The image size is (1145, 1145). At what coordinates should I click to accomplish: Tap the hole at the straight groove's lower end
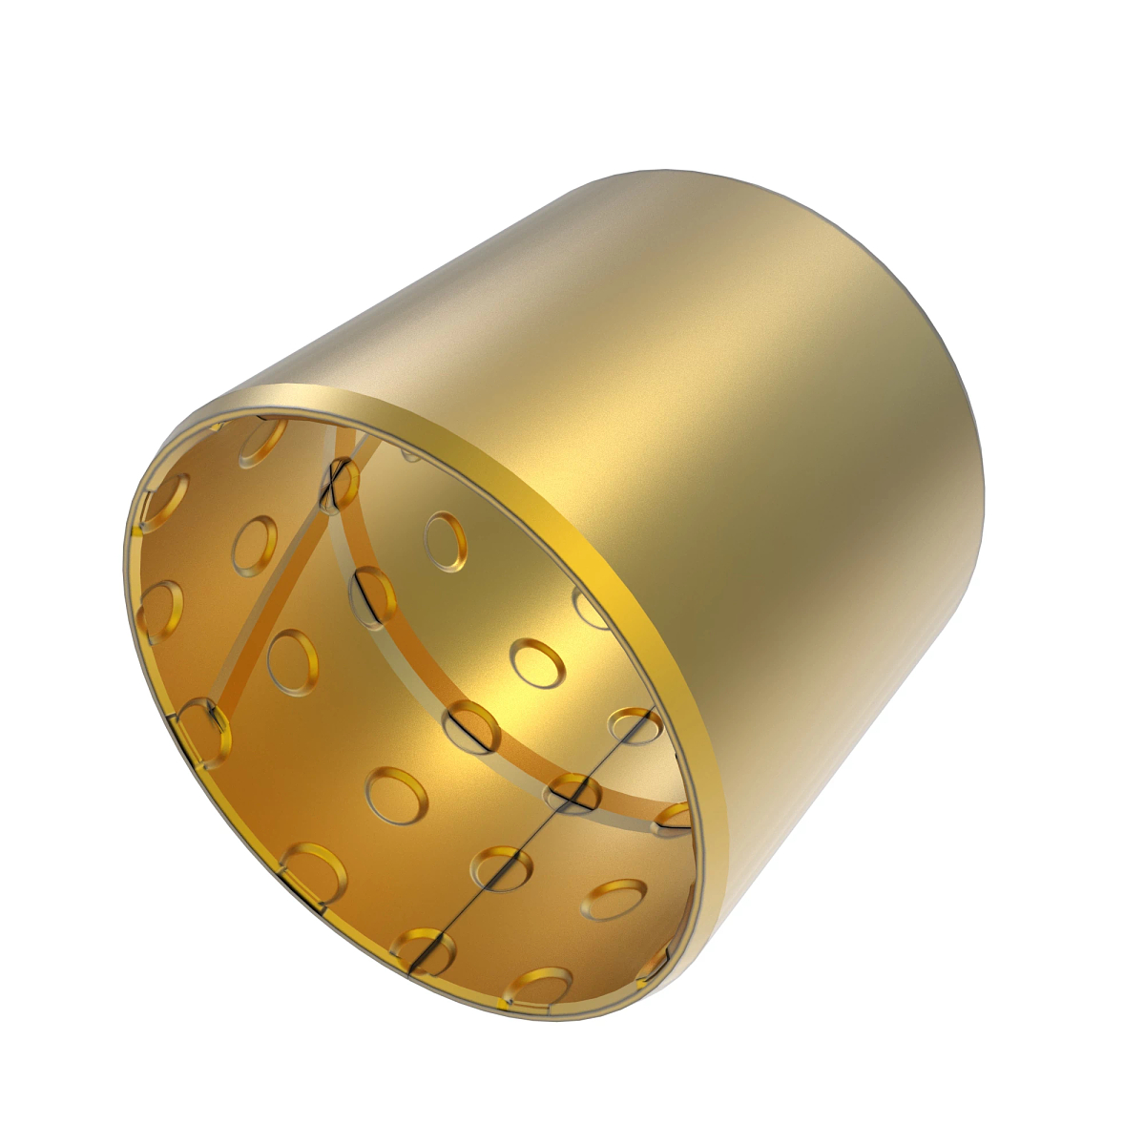click(x=204, y=730)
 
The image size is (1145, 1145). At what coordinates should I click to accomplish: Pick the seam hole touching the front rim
click(x=423, y=950)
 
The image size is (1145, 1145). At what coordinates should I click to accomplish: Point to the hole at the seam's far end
click(x=633, y=725)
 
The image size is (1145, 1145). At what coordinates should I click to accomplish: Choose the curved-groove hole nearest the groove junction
click(x=372, y=597)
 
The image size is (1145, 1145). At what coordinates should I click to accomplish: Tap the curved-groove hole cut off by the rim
click(x=673, y=818)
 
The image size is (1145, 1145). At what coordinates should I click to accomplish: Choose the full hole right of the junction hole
click(x=445, y=540)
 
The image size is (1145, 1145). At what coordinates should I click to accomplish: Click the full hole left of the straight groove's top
click(x=255, y=545)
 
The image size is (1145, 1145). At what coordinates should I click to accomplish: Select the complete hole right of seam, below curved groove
click(x=614, y=899)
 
